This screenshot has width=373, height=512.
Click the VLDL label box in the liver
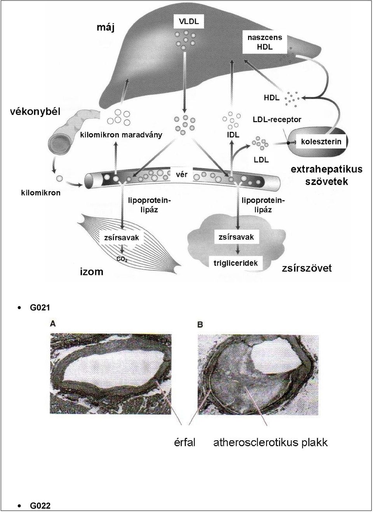(189, 21)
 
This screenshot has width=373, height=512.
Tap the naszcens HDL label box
(265, 42)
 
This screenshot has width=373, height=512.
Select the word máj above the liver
(106, 28)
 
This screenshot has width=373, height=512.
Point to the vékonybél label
(35, 112)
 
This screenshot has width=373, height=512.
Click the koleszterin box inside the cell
(321, 142)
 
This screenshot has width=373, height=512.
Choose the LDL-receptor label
(277, 119)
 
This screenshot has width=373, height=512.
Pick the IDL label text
(233, 135)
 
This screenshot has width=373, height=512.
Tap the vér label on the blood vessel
(181, 175)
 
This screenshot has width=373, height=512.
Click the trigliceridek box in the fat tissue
(235, 263)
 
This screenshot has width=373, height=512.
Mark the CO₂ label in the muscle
(122, 259)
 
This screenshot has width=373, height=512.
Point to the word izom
(92, 272)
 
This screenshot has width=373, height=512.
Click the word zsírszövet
(307, 268)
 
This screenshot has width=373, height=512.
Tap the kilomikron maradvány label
(121, 135)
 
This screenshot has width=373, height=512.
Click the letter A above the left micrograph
(53, 324)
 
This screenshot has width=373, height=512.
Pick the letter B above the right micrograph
(200, 325)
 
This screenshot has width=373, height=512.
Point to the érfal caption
(185, 443)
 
